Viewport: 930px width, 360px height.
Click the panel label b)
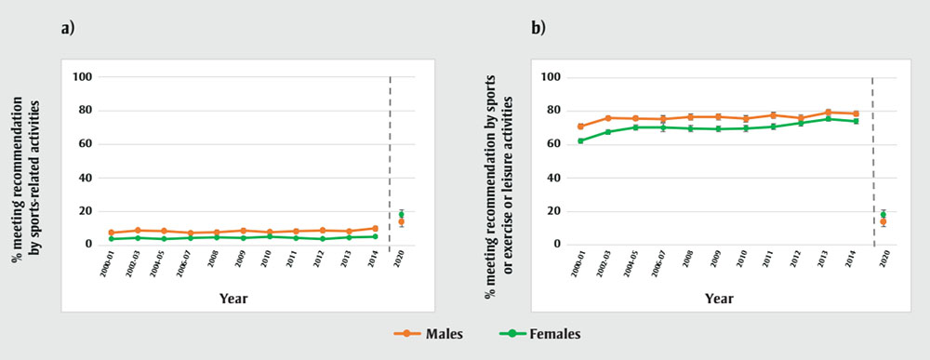click(538, 28)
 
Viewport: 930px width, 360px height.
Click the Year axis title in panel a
click(233, 299)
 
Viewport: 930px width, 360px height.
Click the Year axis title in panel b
click(718, 299)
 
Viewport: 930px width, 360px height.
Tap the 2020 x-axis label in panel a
click(401, 260)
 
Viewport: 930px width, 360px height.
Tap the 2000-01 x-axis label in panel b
click(580, 263)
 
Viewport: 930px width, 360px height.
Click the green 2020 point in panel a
click(401, 215)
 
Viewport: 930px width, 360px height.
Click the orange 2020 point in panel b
click(883, 221)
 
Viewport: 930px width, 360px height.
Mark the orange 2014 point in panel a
click(375, 228)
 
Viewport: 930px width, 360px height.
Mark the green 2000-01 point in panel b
click(580, 140)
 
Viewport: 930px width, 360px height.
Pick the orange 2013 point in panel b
click(829, 113)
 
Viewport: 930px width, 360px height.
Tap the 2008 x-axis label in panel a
click(217, 260)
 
